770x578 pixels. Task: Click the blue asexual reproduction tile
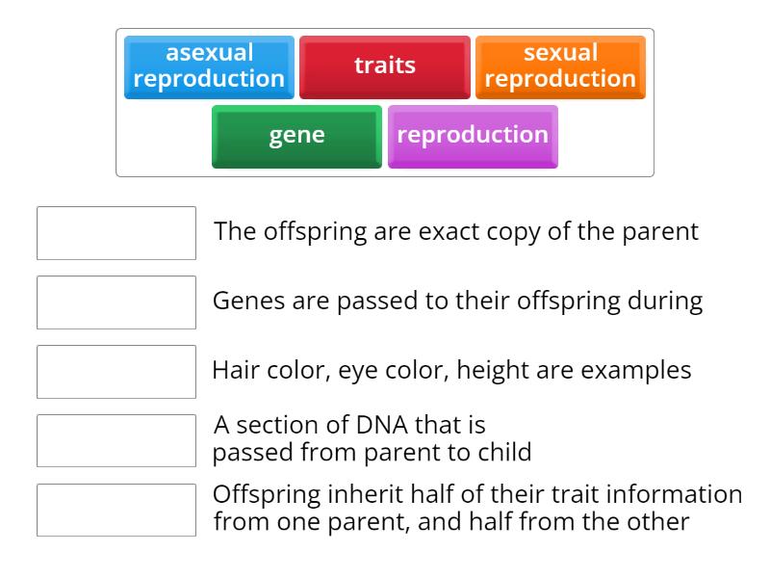209,66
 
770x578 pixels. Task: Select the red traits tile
385,66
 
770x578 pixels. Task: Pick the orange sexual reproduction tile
560,66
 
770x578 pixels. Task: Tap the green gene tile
296,136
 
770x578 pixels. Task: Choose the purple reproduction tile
473,136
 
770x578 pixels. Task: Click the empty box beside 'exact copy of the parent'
116,233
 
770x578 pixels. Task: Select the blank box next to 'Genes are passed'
116,302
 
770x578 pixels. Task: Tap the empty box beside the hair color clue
116,372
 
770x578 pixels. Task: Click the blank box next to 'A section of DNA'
116,441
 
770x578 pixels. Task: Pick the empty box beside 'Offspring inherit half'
116,511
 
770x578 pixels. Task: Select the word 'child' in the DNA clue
504,453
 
